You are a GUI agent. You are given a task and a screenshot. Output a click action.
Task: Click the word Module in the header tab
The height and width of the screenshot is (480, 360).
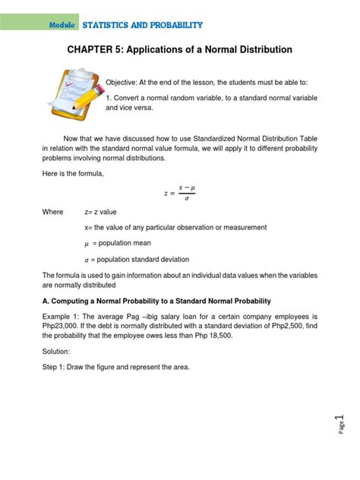coord(62,25)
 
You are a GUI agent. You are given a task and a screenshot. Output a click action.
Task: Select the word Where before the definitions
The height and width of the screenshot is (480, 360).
coord(53,212)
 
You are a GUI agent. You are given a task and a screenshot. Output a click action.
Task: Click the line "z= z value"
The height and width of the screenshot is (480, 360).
coord(100,212)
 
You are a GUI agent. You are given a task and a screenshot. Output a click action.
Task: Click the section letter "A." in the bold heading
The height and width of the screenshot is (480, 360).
coord(46,302)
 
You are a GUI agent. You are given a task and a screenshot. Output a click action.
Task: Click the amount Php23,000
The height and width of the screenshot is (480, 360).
coord(63,327)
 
